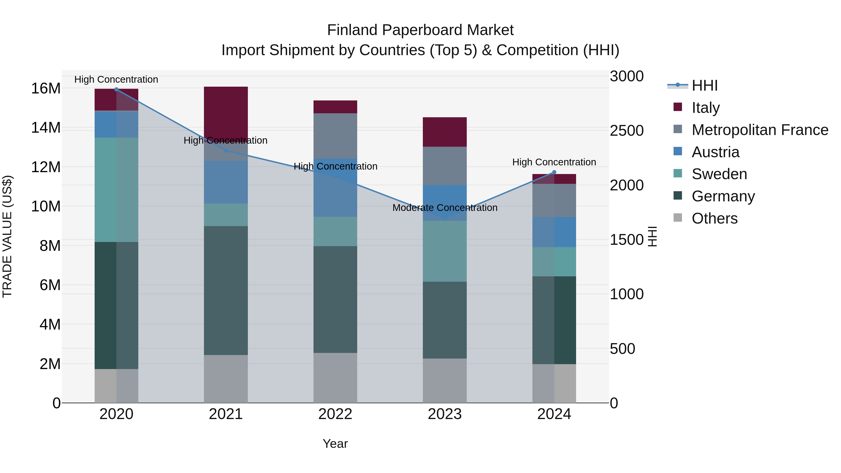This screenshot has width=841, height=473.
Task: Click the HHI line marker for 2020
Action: pos(116,89)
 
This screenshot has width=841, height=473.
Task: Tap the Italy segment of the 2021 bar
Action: pos(226,111)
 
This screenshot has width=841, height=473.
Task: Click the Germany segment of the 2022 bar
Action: pos(335,299)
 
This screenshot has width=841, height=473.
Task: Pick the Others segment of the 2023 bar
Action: pos(445,381)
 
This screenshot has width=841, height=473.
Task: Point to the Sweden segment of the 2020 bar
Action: pos(116,190)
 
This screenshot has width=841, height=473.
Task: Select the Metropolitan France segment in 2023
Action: pos(445,166)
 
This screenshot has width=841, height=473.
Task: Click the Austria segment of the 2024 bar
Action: pos(554,232)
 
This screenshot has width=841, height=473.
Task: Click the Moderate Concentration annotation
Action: pos(445,208)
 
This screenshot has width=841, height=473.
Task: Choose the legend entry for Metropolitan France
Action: pos(760,130)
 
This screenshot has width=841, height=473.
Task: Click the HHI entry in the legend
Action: pos(704,85)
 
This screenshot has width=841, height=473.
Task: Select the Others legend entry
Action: pos(714,218)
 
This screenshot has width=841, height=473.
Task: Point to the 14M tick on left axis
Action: pos(46,128)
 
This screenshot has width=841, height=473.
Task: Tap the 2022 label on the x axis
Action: pos(335,414)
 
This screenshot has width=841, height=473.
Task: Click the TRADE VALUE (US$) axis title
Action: pos(7,236)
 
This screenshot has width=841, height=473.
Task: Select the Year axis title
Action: pos(335,444)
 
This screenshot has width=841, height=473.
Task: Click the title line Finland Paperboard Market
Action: pos(420,30)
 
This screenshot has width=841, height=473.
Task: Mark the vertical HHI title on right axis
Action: pos(652,236)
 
